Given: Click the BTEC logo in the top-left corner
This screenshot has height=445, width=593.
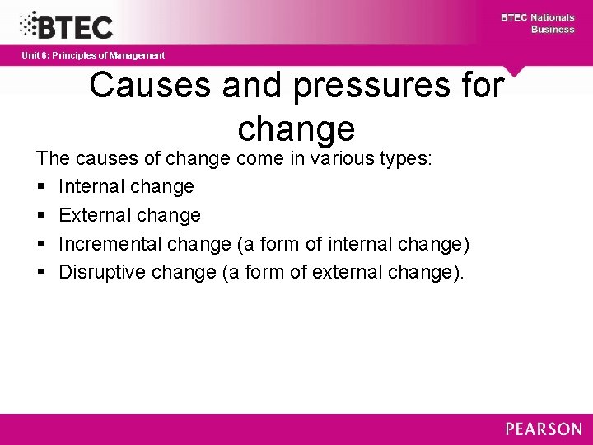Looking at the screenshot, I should click(x=66, y=25).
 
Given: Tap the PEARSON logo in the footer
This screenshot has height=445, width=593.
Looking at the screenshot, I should click(x=543, y=429).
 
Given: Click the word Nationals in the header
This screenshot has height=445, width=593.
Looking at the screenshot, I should click(x=552, y=17).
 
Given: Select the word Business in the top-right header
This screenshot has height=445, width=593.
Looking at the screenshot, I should click(x=553, y=30).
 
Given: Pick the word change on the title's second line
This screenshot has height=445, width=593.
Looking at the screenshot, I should click(x=296, y=129).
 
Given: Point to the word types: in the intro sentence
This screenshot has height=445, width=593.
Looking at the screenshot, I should click(x=404, y=157).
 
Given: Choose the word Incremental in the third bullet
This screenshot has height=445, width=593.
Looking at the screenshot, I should click(x=110, y=244).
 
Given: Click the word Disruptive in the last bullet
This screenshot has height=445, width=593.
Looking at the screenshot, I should click(x=103, y=272).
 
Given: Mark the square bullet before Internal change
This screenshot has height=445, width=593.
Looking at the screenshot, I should click(x=40, y=187).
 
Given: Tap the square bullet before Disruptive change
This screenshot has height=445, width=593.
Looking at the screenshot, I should click(x=40, y=273).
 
